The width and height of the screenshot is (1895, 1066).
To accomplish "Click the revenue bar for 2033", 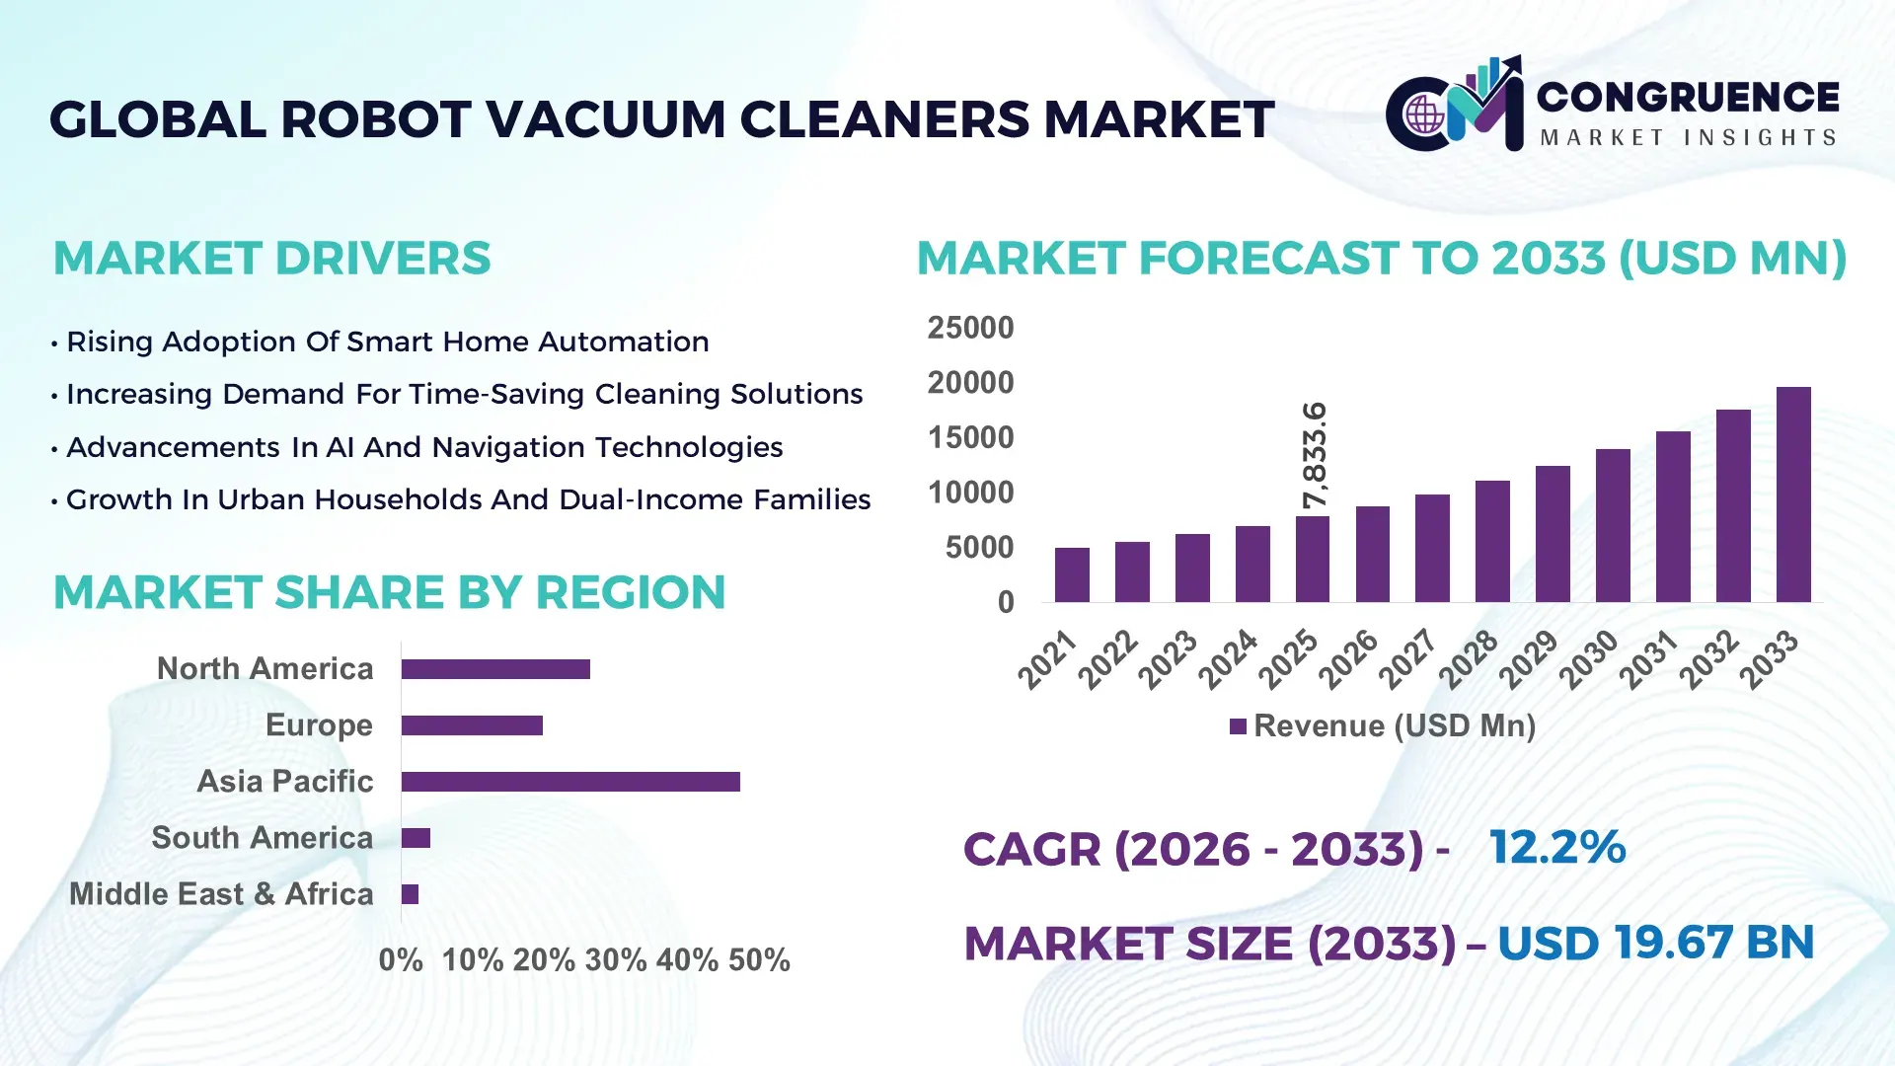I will click(1792, 495).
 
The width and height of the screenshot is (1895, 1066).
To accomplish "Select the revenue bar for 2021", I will click(1072, 574).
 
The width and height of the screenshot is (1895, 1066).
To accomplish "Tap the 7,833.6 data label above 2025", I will click(1315, 455).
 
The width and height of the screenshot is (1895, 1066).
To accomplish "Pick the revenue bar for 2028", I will click(1492, 541).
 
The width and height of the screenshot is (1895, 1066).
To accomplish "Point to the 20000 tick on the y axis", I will click(970, 383).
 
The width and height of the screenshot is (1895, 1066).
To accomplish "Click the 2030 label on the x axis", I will click(1589, 658).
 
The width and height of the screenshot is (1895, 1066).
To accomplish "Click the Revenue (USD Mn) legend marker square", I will click(1238, 726).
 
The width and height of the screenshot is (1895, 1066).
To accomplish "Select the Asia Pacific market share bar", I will click(570, 782).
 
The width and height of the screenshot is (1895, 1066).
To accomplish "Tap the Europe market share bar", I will click(472, 725).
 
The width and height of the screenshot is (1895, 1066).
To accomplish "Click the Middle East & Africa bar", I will click(410, 894).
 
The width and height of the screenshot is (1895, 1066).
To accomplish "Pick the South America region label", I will click(262, 838).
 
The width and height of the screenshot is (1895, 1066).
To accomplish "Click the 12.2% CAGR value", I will click(1556, 847).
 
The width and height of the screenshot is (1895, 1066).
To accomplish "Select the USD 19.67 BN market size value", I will click(1655, 943).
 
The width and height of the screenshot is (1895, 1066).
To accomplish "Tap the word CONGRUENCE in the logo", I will click(1687, 97).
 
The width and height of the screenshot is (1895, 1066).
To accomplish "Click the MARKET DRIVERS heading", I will click(271, 259).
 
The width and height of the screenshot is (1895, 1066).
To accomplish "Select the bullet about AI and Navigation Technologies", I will click(423, 447).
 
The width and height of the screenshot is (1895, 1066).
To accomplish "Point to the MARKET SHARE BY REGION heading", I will click(389, 592).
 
